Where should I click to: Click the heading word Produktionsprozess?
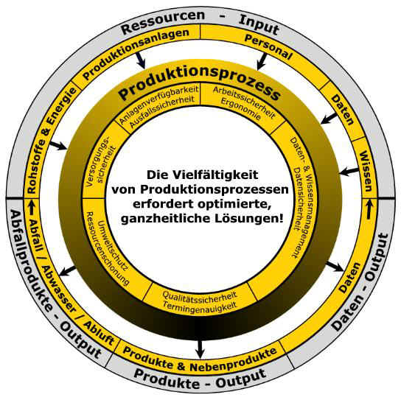pyautogui.click(x=200, y=83)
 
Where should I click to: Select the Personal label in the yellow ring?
pyautogui.click(x=268, y=46)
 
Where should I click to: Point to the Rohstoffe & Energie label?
pyautogui.click(x=51, y=140)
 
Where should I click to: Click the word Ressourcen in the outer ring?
pyautogui.click(x=163, y=21)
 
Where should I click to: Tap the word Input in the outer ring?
pyautogui.click(x=259, y=24)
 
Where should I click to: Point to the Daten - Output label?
pyautogui.click(x=363, y=281)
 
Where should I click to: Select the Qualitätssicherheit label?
pyautogui.click(x=200, y=295)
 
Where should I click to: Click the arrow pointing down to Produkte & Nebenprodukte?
pyautogui.click(x=200, y=349)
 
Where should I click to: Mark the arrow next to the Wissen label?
pyautogui.click(x=349, y=171)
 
